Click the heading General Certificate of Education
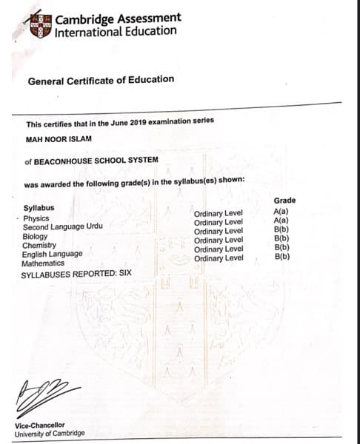pos(101,79)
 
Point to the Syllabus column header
pos(39,209)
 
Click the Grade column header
pos(284,201)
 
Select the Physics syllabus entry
pos(36,218)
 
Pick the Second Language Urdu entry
pos(63,227)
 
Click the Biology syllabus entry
pos(36,237)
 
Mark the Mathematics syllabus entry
pos(43,263)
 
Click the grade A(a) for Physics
pos(281,212)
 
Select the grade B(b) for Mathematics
pos(281,257)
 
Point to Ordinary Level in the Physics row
pos(219,213)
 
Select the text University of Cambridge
pos(50,433)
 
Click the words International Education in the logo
pos(116,31)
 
